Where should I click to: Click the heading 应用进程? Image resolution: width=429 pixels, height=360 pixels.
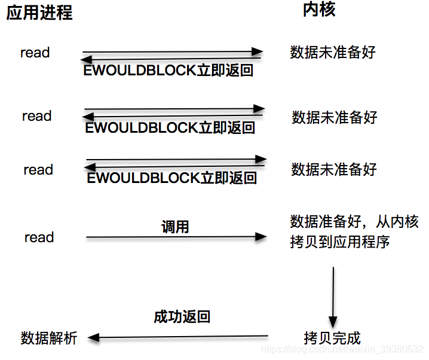click(x=39, y=13)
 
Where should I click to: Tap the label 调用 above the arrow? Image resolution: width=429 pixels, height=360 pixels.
click(x=175, y=227)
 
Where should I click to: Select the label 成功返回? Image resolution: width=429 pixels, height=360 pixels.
click(x=182, y=316)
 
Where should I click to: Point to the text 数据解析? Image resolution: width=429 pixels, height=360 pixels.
click(x=49, y=338)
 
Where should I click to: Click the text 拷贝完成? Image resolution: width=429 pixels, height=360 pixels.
click(x=332, y=338)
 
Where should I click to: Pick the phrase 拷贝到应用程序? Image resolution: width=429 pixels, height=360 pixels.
click(x=339, y=242)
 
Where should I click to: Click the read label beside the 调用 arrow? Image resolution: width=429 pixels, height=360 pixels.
click(x=39, y=237)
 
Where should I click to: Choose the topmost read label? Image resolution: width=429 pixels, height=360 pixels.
click(x=35, y=53)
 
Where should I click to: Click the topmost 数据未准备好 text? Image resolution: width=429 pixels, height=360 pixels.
click(x=333, y=53)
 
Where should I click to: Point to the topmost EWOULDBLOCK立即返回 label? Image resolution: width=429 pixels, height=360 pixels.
click(x=168, y=71)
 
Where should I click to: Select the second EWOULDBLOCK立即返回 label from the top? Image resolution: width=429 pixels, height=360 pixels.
click(x=170, y=127)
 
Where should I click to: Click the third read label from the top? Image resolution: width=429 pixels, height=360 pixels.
click(x=38, y=170)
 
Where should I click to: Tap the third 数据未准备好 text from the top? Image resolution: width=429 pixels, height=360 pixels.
click(x=334, y=170)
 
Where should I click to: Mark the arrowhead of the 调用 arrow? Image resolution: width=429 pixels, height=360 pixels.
click(x=261, y=237)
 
